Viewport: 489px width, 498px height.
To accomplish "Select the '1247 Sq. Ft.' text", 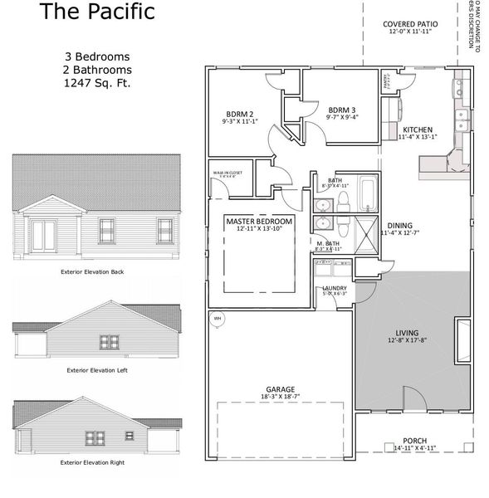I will (99, 83).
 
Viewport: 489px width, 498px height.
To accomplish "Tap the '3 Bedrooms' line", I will (99, 56).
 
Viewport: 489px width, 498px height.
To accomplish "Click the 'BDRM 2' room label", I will (239, 114).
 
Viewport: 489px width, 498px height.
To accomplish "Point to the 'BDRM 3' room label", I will (341, 110).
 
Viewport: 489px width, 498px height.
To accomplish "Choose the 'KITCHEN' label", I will (416, 130).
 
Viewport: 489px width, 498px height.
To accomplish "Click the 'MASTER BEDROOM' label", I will (259, 222).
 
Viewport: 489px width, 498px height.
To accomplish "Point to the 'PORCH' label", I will (414, 441).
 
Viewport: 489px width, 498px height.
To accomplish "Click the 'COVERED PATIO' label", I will (410, 24).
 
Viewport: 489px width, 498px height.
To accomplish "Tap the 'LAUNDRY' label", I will (334, 287).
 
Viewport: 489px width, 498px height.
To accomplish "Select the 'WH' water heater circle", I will (218, 317).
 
